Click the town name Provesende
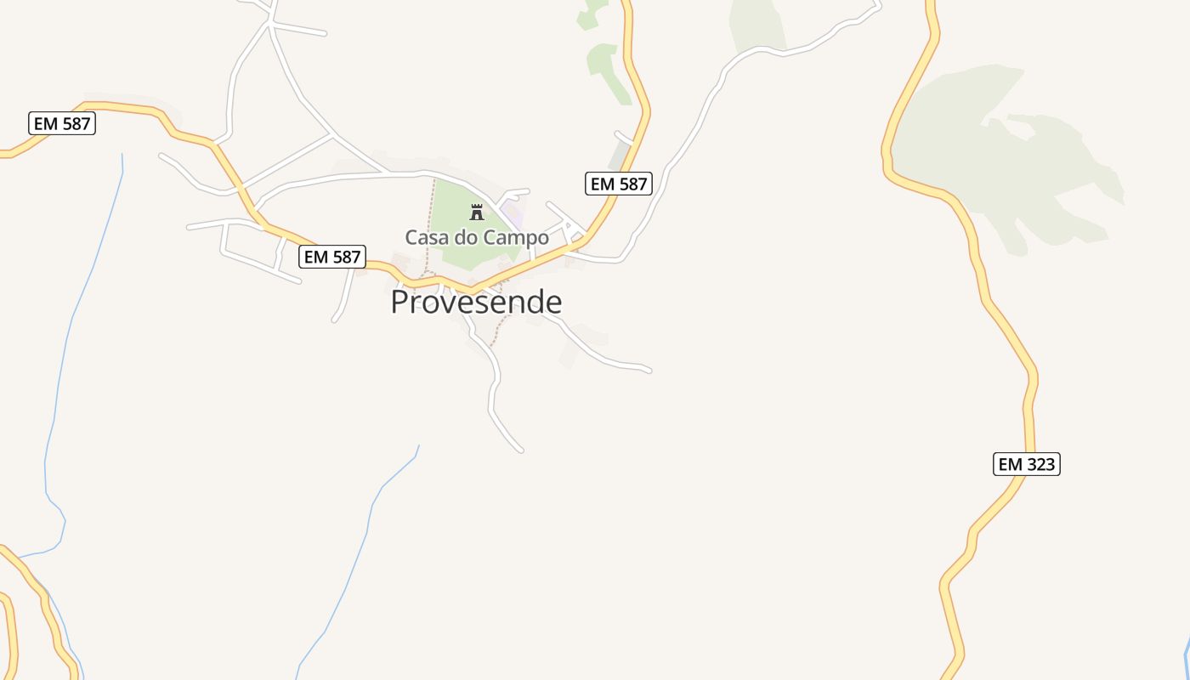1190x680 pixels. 476,302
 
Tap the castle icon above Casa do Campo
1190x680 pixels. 477,212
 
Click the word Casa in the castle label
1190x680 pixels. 426,237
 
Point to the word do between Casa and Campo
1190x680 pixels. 466,237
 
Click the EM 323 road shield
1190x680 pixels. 1026,464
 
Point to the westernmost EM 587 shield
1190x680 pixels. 62,123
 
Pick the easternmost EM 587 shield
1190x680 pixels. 619,184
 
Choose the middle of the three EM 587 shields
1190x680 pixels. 332,257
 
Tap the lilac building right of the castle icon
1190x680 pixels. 511,209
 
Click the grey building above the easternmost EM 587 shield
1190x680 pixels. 620,156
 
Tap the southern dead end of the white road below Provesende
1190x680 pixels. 520,449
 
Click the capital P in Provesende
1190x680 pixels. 401,302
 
